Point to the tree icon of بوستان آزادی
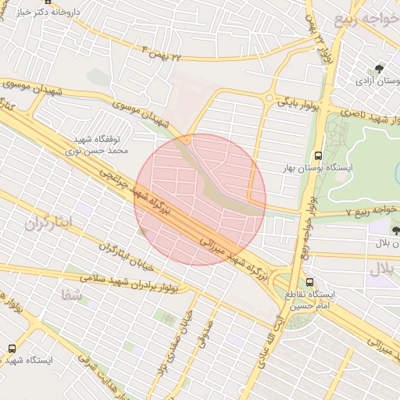click(x=380, y=68)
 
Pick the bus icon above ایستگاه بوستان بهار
click(x=317, y=155)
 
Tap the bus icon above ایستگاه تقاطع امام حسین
click(x=310, y=282)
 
